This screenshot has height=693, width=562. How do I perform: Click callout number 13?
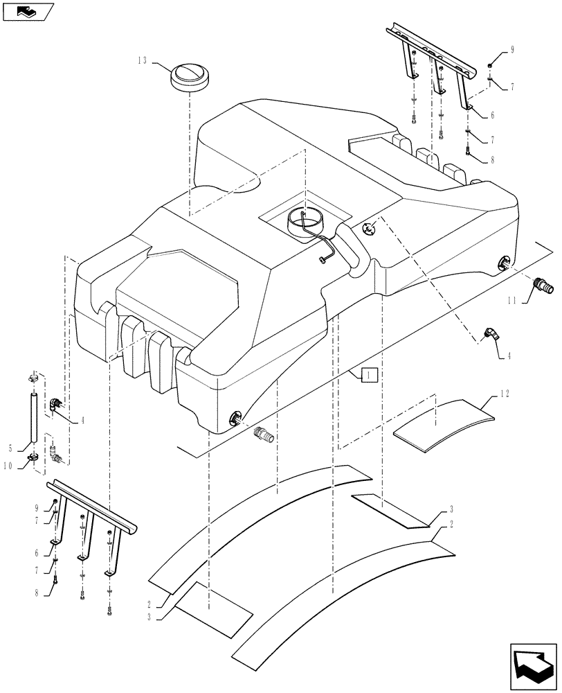142,61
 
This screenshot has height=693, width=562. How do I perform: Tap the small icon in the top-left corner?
26,11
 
